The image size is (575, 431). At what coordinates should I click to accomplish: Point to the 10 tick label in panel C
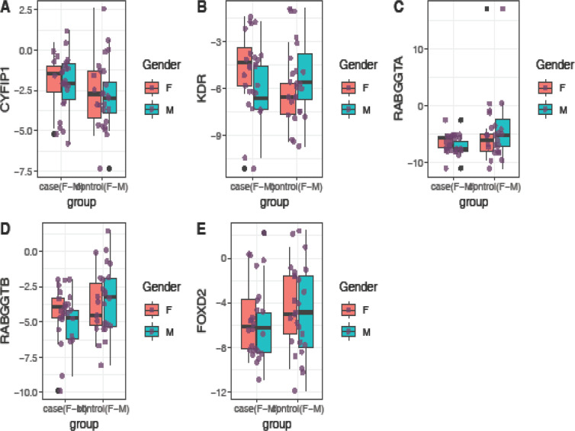(419, 49)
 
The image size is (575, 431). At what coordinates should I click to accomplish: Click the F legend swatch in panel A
(151, 88)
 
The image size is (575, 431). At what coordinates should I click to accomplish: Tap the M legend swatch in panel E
(349, 331)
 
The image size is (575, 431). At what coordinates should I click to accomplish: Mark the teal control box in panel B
(305, 77)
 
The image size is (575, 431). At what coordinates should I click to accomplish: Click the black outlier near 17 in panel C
(487, 9)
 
